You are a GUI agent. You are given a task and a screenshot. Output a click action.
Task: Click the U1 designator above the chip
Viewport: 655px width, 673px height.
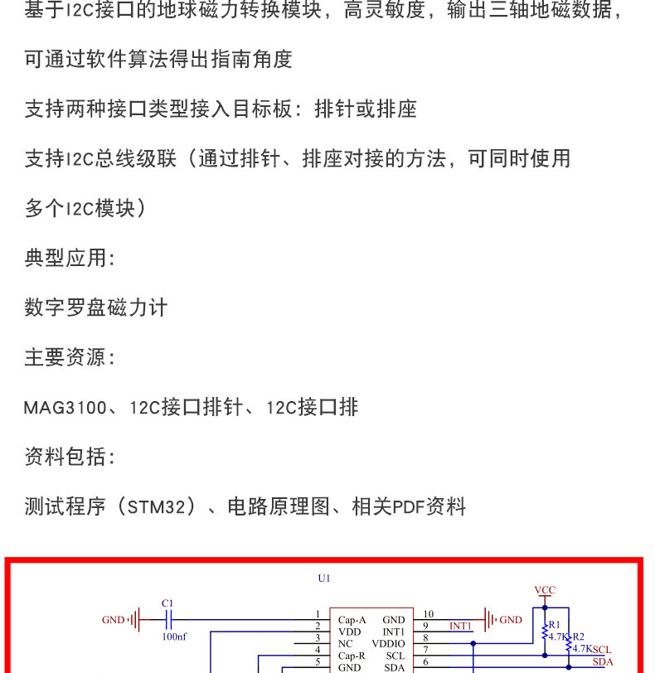point(323,579)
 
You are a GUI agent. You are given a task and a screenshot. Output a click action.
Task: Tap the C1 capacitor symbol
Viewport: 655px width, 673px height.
point(167,619)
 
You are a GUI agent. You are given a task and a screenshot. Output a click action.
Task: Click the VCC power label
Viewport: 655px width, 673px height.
point(545,590)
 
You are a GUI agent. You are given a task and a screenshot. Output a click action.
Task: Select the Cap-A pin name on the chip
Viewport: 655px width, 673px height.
point(352,620)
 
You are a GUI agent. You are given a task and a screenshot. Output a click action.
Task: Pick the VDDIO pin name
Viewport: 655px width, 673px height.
point(388,643)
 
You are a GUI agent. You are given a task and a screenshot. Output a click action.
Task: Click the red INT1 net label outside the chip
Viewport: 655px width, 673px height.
point(460,626)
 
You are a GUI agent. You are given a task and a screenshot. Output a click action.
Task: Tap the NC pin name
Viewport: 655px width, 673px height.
point(346,643)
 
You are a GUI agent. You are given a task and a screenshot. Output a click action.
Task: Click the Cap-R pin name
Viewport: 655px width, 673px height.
point(352,656)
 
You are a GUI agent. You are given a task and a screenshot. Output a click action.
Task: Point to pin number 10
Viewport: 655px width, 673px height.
point(428,615)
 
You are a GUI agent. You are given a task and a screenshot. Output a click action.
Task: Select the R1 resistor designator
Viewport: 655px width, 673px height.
point(555,624)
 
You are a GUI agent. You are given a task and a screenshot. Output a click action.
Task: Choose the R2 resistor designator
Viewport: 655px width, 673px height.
point(578,637)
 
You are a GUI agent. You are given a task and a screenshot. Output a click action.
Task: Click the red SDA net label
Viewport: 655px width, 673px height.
point(603,662)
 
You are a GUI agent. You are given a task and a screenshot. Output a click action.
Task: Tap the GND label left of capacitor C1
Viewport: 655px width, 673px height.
point(113,620)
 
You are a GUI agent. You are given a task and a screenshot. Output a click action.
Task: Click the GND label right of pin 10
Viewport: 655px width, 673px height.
point(511,620)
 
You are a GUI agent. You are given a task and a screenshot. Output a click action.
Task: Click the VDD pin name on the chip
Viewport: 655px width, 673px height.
point(349,632)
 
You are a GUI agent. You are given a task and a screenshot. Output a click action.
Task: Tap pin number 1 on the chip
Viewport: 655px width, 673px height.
point(318,615)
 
